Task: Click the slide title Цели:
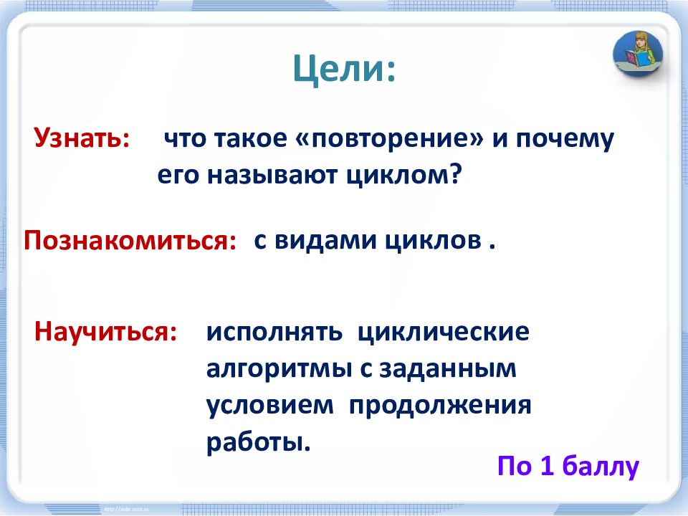[x=345, y=70]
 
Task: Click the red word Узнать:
[x=82, y=138]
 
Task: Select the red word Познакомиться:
[x=130, y=241]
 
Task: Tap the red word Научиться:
[x=106, y=331]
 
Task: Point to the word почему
[x=565, y=140]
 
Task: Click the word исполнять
[x=274, y=332]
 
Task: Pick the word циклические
[x=444, y=332]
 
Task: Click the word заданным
[x=448, y=369]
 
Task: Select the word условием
[x=270, y=406]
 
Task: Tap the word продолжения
[x=440, y=406]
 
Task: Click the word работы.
[x=259, y=442]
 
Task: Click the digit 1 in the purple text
[x=546, y=466]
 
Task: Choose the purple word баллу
[x=601, y=467]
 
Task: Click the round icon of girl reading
[x=638, y=54]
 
